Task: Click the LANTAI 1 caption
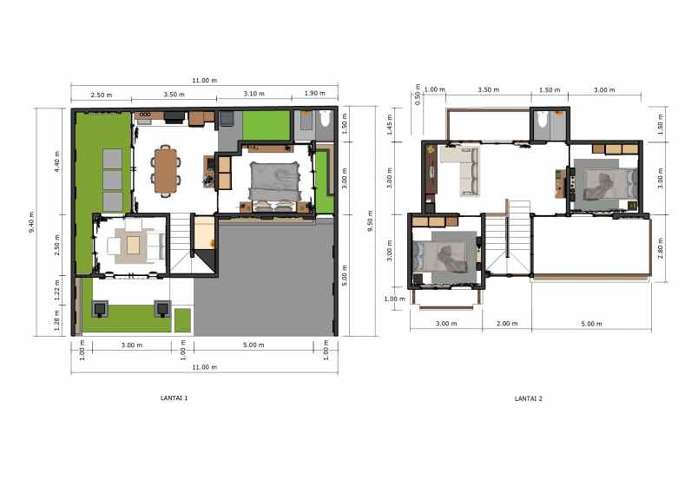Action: (x=174, y=398)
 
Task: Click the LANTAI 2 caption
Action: (x=529, y=398)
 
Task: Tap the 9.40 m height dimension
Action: (x=32, y=223)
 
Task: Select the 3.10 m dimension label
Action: (x=254, y=94)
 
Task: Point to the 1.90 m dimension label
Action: (x=313, y=94)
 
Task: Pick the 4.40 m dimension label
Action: (x=57, y=161)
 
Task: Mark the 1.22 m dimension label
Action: (x=57, y=287)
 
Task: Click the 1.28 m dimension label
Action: (x=57, y=319)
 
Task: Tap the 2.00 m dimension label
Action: (x=506, y=324)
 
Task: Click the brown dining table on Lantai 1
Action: (x=165, y=170)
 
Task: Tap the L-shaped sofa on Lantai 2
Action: (x=459, y=168)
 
